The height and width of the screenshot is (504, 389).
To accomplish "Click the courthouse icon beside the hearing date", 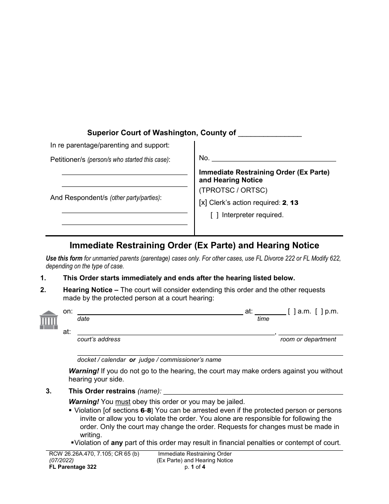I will (x=49, y=320).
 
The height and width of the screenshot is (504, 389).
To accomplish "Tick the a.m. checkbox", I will (x=291, y=311).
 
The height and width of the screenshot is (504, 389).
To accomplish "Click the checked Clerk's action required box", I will (x=203, y=203).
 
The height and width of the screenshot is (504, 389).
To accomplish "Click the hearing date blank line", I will (x=160, y=313).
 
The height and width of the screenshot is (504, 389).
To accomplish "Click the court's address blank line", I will (x=176, y=334).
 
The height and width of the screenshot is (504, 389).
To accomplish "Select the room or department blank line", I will (x=310, y=334).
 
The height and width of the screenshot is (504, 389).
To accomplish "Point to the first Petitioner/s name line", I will (x=124, y=173).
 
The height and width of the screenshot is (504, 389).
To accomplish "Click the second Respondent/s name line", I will (x=124, y=223).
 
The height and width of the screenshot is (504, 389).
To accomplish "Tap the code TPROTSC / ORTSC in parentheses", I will (x=233, y=190).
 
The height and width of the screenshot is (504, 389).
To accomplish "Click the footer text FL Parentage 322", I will (x=71, y=467).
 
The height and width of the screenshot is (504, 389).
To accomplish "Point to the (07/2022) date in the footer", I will (x=59, y=460).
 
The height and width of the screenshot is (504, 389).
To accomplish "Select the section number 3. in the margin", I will (x=49, y=391).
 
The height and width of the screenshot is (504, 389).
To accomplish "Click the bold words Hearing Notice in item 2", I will (x=88, y=290).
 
